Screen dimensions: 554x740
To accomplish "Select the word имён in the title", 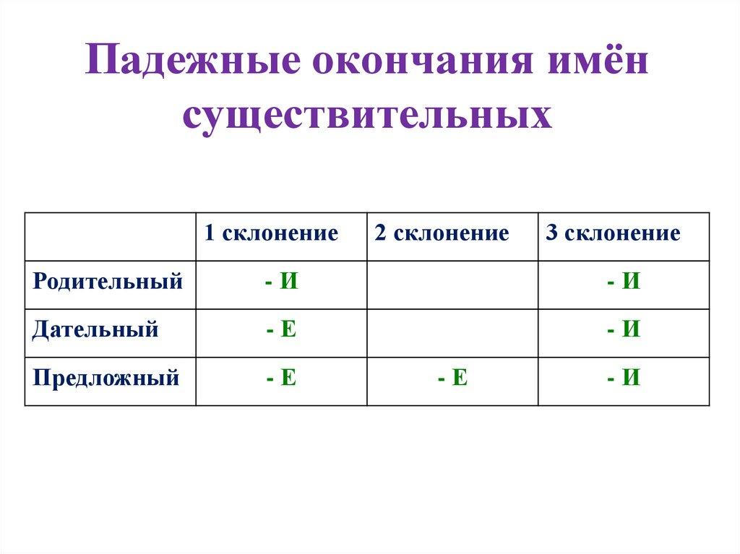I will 593,64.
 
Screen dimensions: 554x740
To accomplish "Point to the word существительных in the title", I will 368,116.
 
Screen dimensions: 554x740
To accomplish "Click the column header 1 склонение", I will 271,233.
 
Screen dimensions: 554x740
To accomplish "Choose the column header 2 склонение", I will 442,233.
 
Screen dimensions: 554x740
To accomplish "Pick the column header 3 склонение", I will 613,233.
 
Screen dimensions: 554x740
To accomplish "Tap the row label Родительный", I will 108,282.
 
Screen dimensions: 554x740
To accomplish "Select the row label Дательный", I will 95,330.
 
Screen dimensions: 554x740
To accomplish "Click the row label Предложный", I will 106,378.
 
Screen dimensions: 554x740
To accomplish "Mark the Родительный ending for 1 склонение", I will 281,282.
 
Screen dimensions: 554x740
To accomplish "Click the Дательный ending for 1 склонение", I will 281,330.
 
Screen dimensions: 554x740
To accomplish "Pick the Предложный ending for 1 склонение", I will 281,378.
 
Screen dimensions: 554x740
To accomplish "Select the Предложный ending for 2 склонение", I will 452,378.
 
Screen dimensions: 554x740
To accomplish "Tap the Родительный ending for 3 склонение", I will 624,282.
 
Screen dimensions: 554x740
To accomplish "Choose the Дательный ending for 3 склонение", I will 624,330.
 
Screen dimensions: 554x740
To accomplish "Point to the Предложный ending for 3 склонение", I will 624,378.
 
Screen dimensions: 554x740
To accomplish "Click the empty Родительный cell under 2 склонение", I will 452,285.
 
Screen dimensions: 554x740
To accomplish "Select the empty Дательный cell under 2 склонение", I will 452,333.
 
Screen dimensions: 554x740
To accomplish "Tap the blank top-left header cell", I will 110,236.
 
